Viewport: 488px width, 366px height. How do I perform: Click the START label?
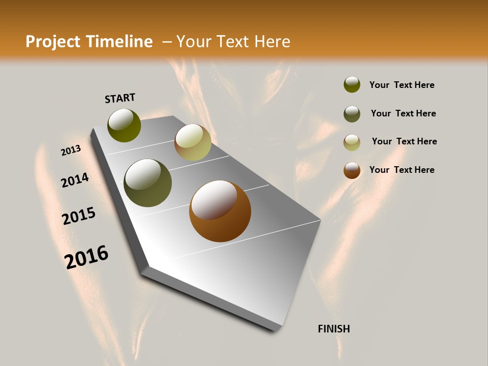point(120,98)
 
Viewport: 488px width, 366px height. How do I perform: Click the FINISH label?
point(334,329)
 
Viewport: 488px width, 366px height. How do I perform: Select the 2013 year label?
point(71,150)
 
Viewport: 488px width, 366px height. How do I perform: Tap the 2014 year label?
point(75,180)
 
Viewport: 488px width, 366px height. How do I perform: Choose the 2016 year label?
point(86,257)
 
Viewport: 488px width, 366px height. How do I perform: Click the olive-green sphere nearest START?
point(124,125)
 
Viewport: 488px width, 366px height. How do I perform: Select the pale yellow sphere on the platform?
point(193,142)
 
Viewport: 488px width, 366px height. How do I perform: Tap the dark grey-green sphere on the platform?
point(148,183)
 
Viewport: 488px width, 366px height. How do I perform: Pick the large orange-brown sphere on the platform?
point(220,211)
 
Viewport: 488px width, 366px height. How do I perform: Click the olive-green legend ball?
point(352,85)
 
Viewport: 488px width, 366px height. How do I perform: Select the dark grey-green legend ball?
point(352,114)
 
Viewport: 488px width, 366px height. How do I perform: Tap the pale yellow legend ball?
point(352,142)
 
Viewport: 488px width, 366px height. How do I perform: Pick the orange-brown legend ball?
point(352,170)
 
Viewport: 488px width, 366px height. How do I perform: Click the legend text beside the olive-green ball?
point(402,85)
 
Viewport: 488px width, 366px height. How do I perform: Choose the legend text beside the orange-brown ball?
point(402,170)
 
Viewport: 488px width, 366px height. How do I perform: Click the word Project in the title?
point(53,42)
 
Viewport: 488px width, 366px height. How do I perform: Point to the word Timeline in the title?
point(119,42)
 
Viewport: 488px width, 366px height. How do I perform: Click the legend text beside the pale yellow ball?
point(404,141)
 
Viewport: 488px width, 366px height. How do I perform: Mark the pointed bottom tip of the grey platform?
point(277,329)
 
